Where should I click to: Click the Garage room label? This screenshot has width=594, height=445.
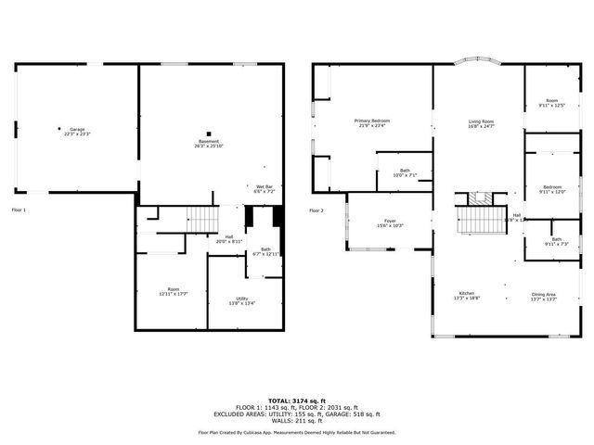pyautogui.click(x=76, y=132)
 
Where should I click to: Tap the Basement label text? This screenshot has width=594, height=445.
pyautogui.click(x=208, y=144)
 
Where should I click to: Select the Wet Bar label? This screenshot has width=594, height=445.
pyautogui.click(x=264, y=188)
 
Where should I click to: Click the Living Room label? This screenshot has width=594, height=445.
pyautogui.click(x=480, y=123)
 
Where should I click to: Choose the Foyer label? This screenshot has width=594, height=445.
pyautogui.click(x=390, y=222)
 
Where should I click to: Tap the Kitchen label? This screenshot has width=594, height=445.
pyautogui.click(x=465, y=296)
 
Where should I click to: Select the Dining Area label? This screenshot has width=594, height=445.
pyautogui.click(x=544, y=296)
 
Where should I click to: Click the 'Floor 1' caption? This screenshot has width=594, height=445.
pyautogui.click(x=19, y=210)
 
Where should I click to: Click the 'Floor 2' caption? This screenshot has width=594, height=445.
pyautogui.click(x=316, y=210)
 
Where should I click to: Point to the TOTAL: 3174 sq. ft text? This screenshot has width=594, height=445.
pyautogui.click(x=297, y=400)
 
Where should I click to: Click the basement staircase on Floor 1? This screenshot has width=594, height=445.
pyautogui.click(x=202, y=220)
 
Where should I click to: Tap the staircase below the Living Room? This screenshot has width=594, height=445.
pyautogui.click(x=481, y=221)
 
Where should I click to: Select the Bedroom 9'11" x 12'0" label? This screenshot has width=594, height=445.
pyautogui.click(x=551, y=190)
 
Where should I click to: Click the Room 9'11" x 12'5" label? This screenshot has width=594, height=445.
pyautogui.click(x=551, y=103)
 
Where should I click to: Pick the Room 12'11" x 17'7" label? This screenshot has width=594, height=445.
pyautogui.click(x=173, y=291)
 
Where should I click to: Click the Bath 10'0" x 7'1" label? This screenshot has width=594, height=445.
pyautogui.click(x=405, y=172)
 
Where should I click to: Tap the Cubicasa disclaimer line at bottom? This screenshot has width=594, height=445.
pyautogui.click(x=297, y=432)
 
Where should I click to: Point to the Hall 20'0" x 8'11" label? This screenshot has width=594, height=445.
pyautogui.click(x=229, y=238)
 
